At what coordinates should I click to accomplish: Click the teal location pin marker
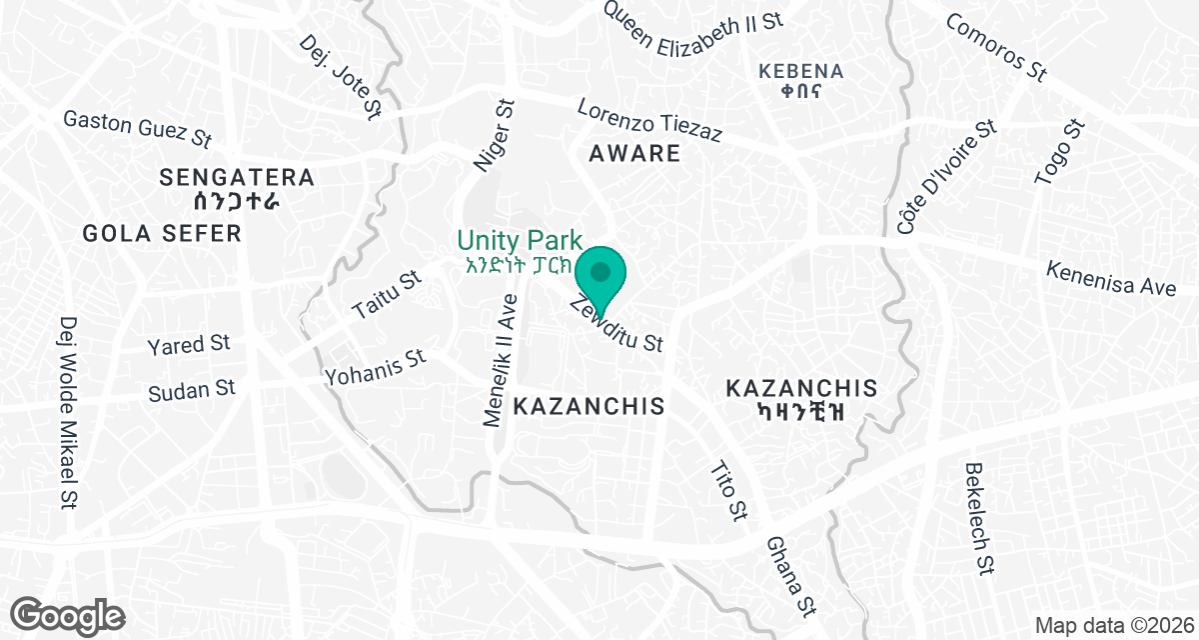[x=600, y=273]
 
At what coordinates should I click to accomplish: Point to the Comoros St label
[x=995, y=47]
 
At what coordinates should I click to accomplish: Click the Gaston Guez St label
[x=138, y=127]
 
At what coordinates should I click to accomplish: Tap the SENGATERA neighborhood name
[x=237, y=179]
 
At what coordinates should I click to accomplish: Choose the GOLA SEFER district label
[x=162, y=234]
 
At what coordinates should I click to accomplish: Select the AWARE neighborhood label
[x=634, y=154]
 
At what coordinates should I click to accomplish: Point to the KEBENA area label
[x=801, y=72]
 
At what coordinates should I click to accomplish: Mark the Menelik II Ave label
[x=501, y=360]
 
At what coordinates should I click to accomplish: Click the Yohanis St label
[x=375, y=367]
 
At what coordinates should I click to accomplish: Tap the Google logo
[x=68, y=614]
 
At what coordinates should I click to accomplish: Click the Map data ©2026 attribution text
[x=1113, y=625]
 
